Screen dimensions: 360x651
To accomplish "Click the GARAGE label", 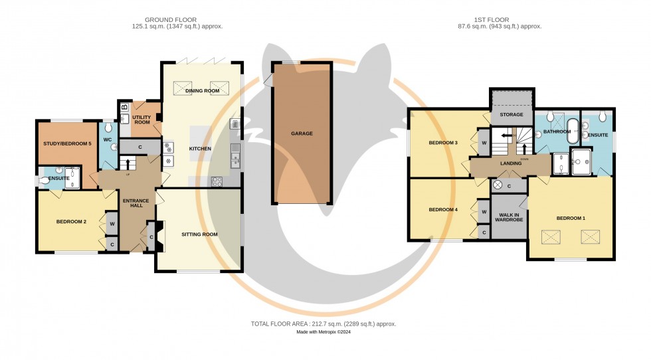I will [x=301, y=134].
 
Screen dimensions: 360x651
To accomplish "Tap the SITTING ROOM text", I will [x=199, y=234].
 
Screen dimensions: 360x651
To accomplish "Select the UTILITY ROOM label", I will [x=143, y=120].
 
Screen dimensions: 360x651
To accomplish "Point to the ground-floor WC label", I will [x=108, y=140].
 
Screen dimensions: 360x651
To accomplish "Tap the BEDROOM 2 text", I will [x=71, y=222].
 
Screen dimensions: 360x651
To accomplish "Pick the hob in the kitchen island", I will [x=169, y=155].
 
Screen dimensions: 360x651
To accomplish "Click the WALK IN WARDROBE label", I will [x=510, y=217].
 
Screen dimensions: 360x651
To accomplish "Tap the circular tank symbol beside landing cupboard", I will [x=498, y=185].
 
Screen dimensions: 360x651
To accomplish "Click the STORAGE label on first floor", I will [x=511, y=115].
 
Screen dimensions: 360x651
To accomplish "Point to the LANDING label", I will [x=510, y=163].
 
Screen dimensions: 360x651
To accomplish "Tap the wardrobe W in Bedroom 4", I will [x=483, y=212].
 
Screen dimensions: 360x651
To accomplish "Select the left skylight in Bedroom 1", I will [x=551, y=236].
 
